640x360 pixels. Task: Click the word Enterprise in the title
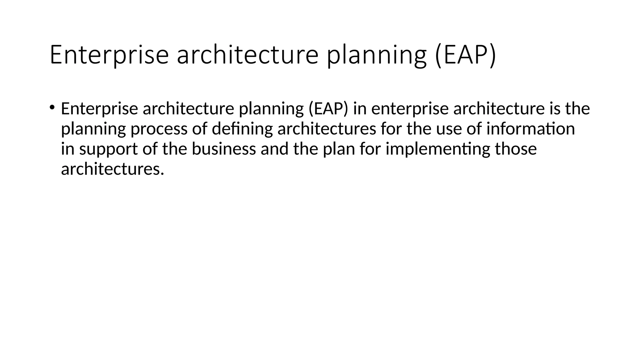point(109,55)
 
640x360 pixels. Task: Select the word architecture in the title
point(247,55)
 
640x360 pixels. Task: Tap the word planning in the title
point(377,55)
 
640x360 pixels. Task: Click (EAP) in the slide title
point(465,55)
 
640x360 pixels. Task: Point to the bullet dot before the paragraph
point(52,108)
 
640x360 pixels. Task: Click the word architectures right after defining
point(327,129)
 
